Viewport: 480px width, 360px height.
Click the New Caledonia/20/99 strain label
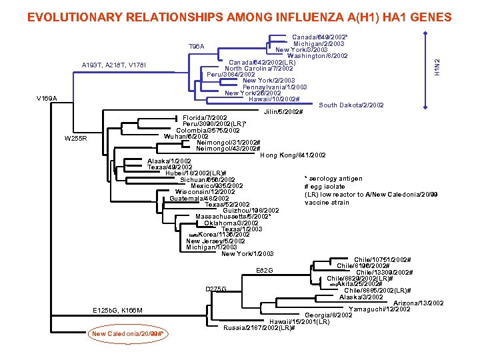pos(128,333)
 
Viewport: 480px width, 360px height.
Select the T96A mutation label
pos(197,47)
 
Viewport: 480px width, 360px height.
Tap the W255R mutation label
pos(76,139)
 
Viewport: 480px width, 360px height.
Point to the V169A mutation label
pos(47,99)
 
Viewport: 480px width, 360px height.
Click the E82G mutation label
pos(265,270)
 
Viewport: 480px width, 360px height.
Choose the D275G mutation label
pos(216,289)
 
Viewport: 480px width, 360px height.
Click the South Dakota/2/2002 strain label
pos(351,105)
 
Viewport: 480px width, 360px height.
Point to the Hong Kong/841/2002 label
pos(293,155)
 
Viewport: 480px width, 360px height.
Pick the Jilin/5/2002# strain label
pos(283,111)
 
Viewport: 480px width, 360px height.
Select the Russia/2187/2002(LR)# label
pos(259,328)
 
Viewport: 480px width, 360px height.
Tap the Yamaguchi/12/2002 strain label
pos(379,309)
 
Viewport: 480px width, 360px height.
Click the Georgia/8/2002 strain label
pos(329,315)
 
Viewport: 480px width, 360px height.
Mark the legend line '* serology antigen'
pos(333,179)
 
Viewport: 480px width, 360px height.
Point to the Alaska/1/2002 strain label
pos(170,161)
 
